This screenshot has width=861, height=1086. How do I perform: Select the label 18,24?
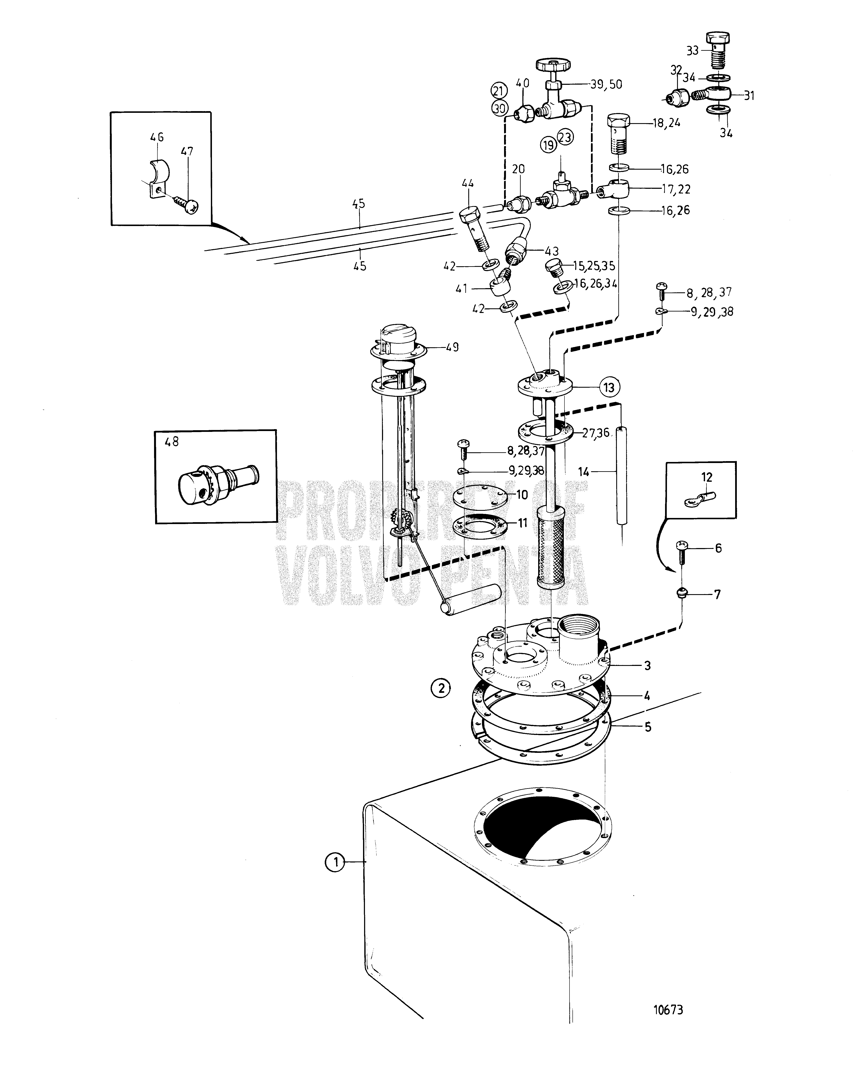tap(667, 122)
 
